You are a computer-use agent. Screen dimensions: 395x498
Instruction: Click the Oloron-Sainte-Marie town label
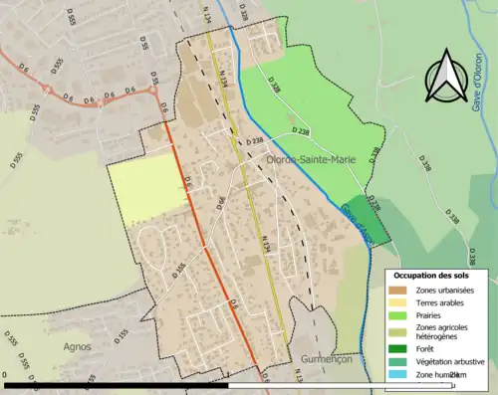tap(310, 158)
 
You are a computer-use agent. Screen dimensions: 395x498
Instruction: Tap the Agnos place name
tap(76, 347)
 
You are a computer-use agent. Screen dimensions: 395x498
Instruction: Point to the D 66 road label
tap(220, 206)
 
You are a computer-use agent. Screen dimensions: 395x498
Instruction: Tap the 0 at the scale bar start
tap(6, 376)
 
